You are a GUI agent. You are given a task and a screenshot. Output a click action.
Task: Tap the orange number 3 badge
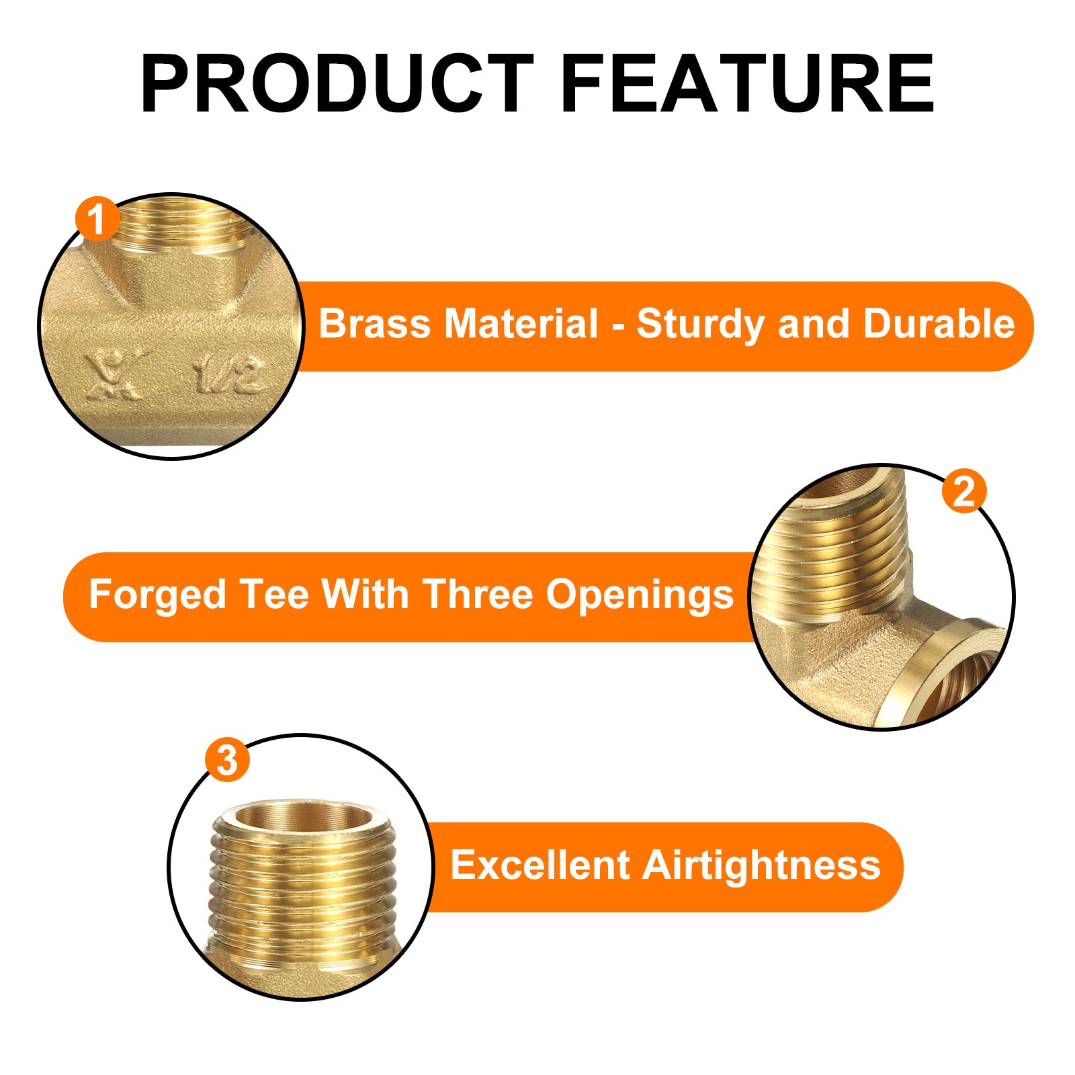pos(227,760)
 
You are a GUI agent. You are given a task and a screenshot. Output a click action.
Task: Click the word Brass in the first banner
pos(374,324)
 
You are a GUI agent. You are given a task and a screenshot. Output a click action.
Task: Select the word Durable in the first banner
pos(939,324)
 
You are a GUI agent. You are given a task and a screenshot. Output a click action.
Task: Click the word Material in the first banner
pos(521,324)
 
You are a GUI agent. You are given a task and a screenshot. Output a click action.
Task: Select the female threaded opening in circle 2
pos(961,679)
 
